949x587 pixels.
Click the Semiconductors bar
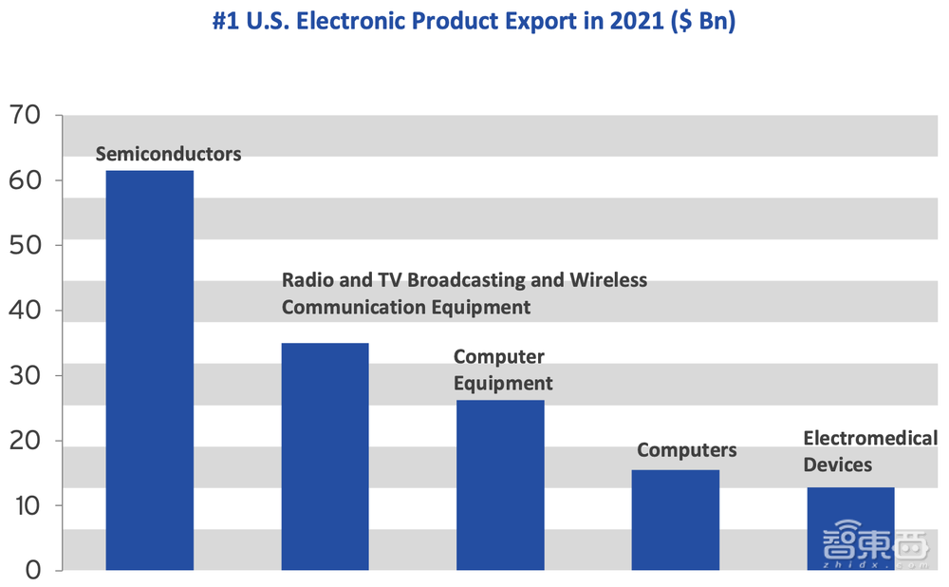point(149,370)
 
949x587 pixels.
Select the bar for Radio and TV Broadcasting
point(325,456)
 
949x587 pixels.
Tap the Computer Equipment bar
point(500,484)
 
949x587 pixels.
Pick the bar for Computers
point(675,520)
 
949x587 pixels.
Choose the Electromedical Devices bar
point(850,528)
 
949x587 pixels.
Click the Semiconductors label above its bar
point(169,153)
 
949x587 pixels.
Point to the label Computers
point(686,449)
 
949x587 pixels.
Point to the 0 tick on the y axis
point(30,570)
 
